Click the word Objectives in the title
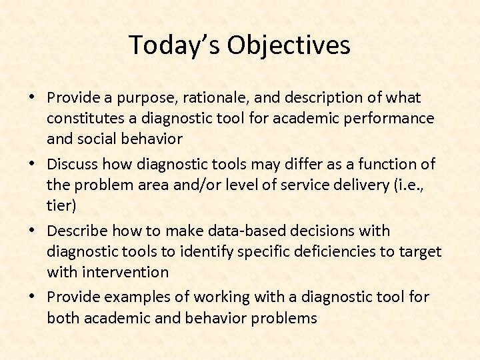click(288, 45)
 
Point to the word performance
click(392, 119)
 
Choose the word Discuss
click(73, 164)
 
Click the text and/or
click(187, 185)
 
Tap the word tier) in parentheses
click(61, 205)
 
